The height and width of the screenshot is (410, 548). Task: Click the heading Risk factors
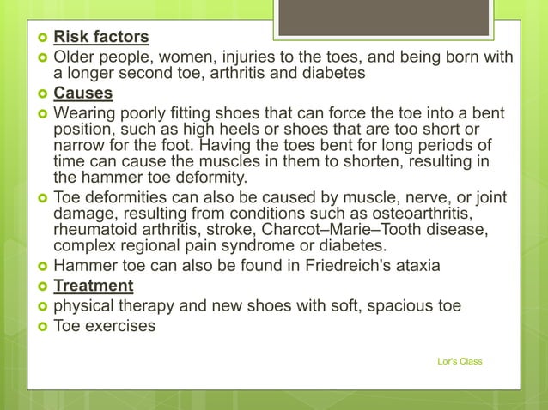coord(101,37)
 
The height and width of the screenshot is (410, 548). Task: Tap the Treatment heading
coord(94,286)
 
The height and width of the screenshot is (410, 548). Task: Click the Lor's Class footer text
coord(460,361)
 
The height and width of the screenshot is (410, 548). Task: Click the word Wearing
coord(85,113)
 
